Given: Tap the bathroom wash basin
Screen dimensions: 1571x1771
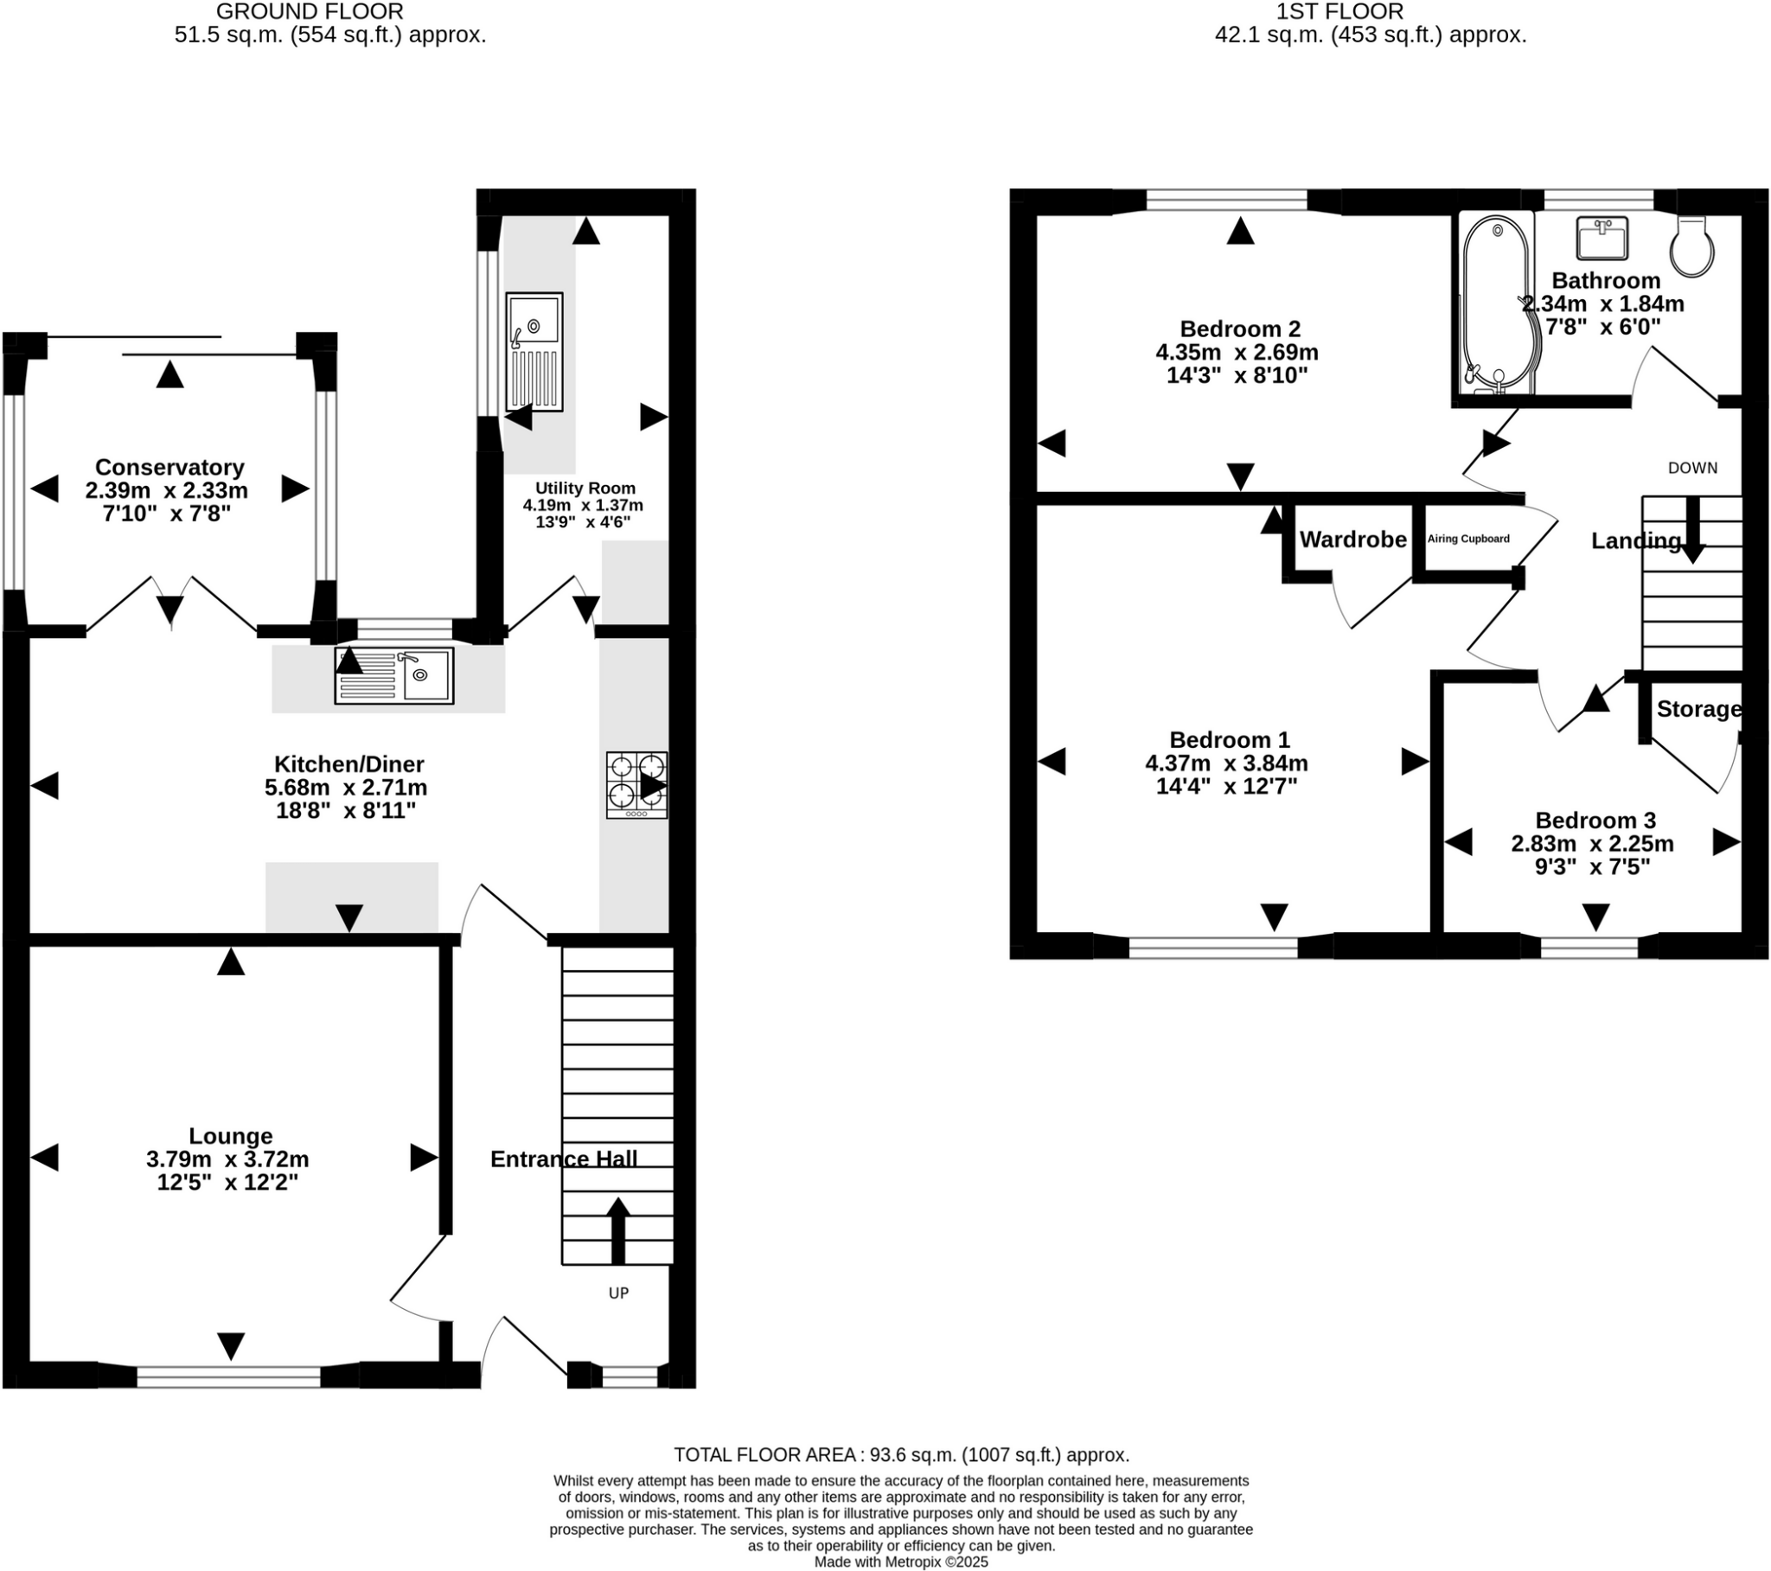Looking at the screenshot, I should point(1602,239).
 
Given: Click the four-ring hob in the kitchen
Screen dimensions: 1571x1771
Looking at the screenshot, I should point(636,785).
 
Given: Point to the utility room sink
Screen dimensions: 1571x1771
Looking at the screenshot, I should point(534,351).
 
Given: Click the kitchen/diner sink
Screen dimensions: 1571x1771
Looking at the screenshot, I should point(394,676).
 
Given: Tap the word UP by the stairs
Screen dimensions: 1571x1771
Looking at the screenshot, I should point(617,1293).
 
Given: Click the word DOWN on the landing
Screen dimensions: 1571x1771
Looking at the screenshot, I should point(1692,468).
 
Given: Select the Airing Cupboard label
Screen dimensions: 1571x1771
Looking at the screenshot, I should point(1467,539).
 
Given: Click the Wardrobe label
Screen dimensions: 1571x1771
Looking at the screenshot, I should point(1352,540).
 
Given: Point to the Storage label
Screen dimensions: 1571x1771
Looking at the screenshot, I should point(1698,709).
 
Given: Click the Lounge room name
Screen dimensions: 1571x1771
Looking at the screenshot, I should point(231,1136).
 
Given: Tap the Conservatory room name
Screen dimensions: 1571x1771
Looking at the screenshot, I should point(169,468).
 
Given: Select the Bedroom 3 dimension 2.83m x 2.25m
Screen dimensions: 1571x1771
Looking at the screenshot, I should point(1593,843).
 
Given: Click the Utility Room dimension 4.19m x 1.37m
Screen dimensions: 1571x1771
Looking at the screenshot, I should point(582,505).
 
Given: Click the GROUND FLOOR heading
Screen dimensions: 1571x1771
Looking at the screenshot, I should point(310,12).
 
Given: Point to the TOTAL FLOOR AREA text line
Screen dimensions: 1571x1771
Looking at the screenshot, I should point(901,1455).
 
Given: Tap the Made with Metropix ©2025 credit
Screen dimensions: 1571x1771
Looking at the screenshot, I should point(901,1561).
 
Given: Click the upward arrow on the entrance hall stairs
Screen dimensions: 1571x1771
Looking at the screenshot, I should point(617,1230).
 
